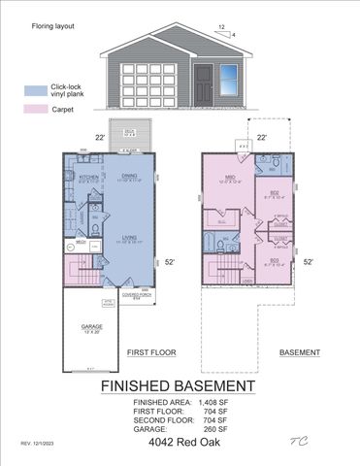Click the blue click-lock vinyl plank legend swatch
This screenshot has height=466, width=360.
click(x=34, y=89)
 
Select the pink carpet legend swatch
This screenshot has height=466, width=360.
click(x=34, y=110)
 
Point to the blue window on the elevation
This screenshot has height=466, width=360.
click(x=229, y=75)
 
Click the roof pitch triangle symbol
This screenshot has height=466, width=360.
click(x=229, y=31)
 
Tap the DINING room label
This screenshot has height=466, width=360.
click(x=130, y=175)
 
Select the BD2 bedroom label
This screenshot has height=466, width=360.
click(x=275, y=191)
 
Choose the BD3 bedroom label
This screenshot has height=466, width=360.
click(x=275, y=259)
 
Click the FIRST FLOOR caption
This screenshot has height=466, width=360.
click(x=149, y=352)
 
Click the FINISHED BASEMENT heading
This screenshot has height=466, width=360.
click(x=180, y=385)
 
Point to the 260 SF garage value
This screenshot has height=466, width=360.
click(x=218, y=428)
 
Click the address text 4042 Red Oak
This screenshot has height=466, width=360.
click(x=180, y=443)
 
